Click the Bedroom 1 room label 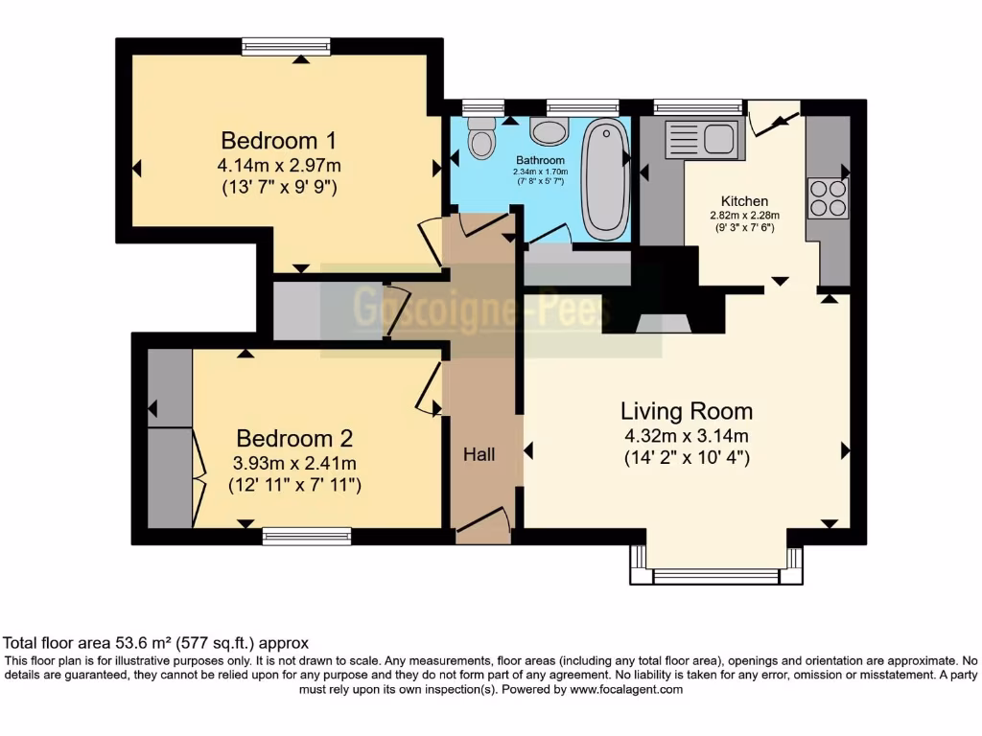click(278, 139)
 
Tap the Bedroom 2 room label click(294, 439)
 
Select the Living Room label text click(686, 412)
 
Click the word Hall click(479, 454)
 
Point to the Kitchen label click(744, 201)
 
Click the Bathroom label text click(540, 160)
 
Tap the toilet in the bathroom click(480, 138)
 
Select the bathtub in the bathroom click(604, 178)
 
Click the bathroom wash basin click(549, 130)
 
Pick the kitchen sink click(704, 138)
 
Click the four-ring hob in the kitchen click(828, 197)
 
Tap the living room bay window click(715, 576)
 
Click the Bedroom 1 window click(278, 46)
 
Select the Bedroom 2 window click(306, 537)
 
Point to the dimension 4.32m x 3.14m click(686, 437)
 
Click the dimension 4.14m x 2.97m click(278, 165)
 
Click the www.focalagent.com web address click(625, 689)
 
